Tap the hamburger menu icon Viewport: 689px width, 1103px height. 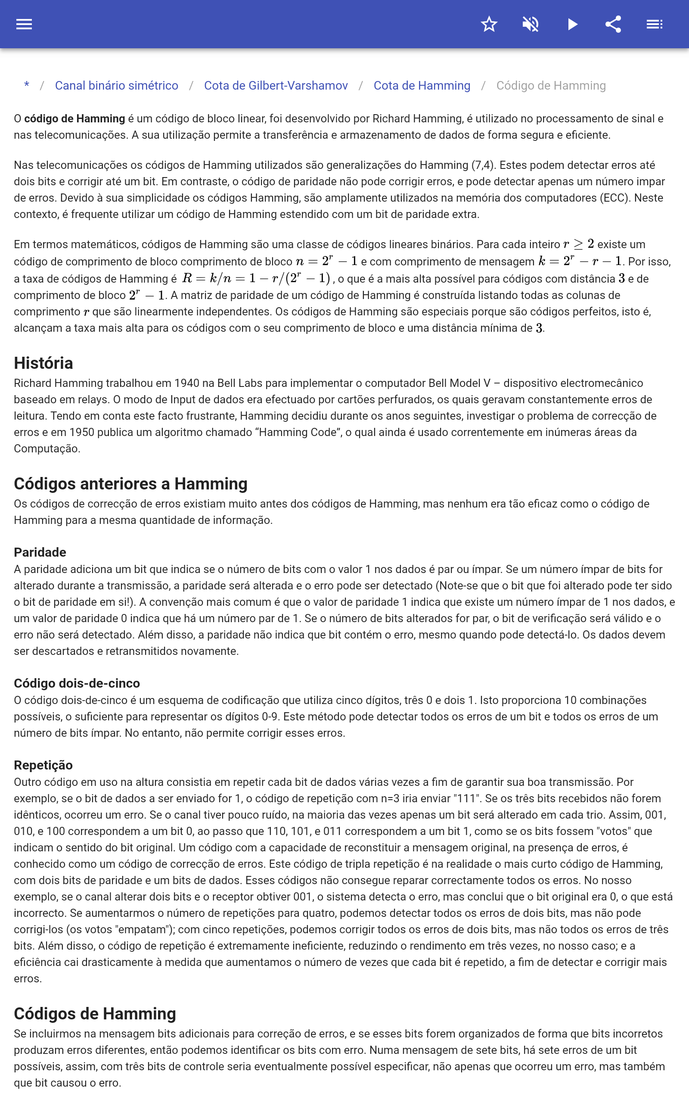coord(24,24)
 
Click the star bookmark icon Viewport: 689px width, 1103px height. coord(489,24)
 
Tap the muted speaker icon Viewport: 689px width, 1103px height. coord(531,24)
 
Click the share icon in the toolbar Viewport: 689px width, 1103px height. coord(613,24)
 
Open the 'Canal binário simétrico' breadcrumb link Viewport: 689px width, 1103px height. coord(117,86)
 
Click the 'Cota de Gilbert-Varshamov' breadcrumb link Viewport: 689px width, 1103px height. coord(276,86)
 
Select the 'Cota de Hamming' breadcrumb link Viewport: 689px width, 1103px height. coord(422,86)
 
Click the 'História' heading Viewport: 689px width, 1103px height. coord(43,363)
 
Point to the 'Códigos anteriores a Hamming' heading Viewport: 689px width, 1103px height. coord(130,483)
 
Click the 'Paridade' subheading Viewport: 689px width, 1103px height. coord(40,552)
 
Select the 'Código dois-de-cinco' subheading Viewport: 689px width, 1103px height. coord(77,683)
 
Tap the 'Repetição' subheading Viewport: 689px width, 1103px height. coord(43,765)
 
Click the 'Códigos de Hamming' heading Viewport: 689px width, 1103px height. coord(95,1013)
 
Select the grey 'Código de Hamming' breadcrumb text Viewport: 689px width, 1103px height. coord(550,86)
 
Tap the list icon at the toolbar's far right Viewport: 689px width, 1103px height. coord(655,24)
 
